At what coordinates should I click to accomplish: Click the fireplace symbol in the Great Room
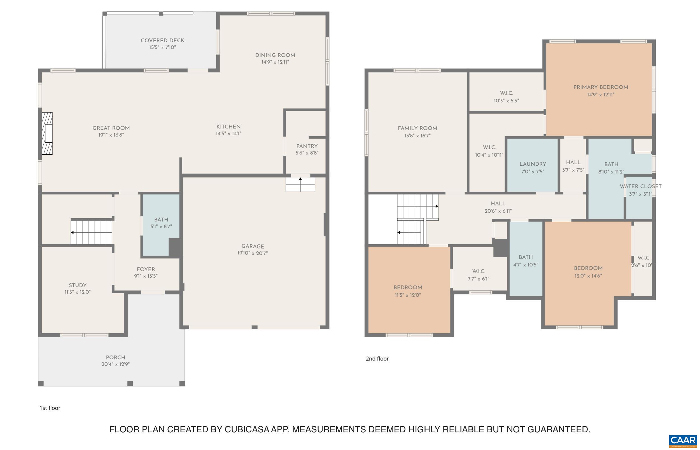[x=47, y=133]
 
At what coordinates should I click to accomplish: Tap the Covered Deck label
[x=162, y=41]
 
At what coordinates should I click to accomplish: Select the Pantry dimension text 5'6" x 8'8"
[x=307, y=153]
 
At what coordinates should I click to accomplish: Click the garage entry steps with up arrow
[x=300, y=185]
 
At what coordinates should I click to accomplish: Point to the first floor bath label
[x=161, y=220]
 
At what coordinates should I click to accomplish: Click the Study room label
[x=78, y=285]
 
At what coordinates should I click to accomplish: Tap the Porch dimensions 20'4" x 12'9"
[x=115, y=364]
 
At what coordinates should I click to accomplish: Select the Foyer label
[x=146, y=269]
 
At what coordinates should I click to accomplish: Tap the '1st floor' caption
[x=50, y=408]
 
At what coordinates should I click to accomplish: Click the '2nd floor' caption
[x=377, y=358]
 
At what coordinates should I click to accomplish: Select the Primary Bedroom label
[x=601, y=87]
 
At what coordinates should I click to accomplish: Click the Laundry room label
[x=533, y=164]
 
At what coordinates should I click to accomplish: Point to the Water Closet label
[x=640, y=186]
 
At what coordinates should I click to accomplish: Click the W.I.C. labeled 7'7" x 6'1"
[x=479, y=275]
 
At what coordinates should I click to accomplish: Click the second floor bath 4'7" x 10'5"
[x=526, y=261]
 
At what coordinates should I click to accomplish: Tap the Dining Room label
[x=275, y=55]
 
